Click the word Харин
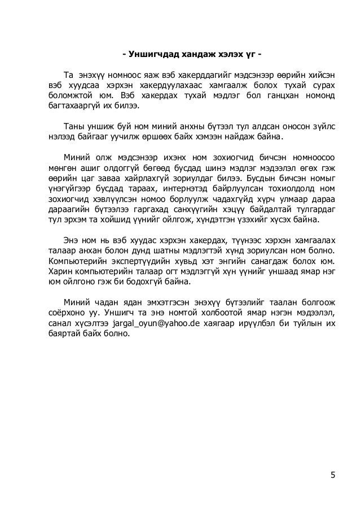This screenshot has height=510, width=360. [x=58, y=271]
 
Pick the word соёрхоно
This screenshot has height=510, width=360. [x=68, y=312]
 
